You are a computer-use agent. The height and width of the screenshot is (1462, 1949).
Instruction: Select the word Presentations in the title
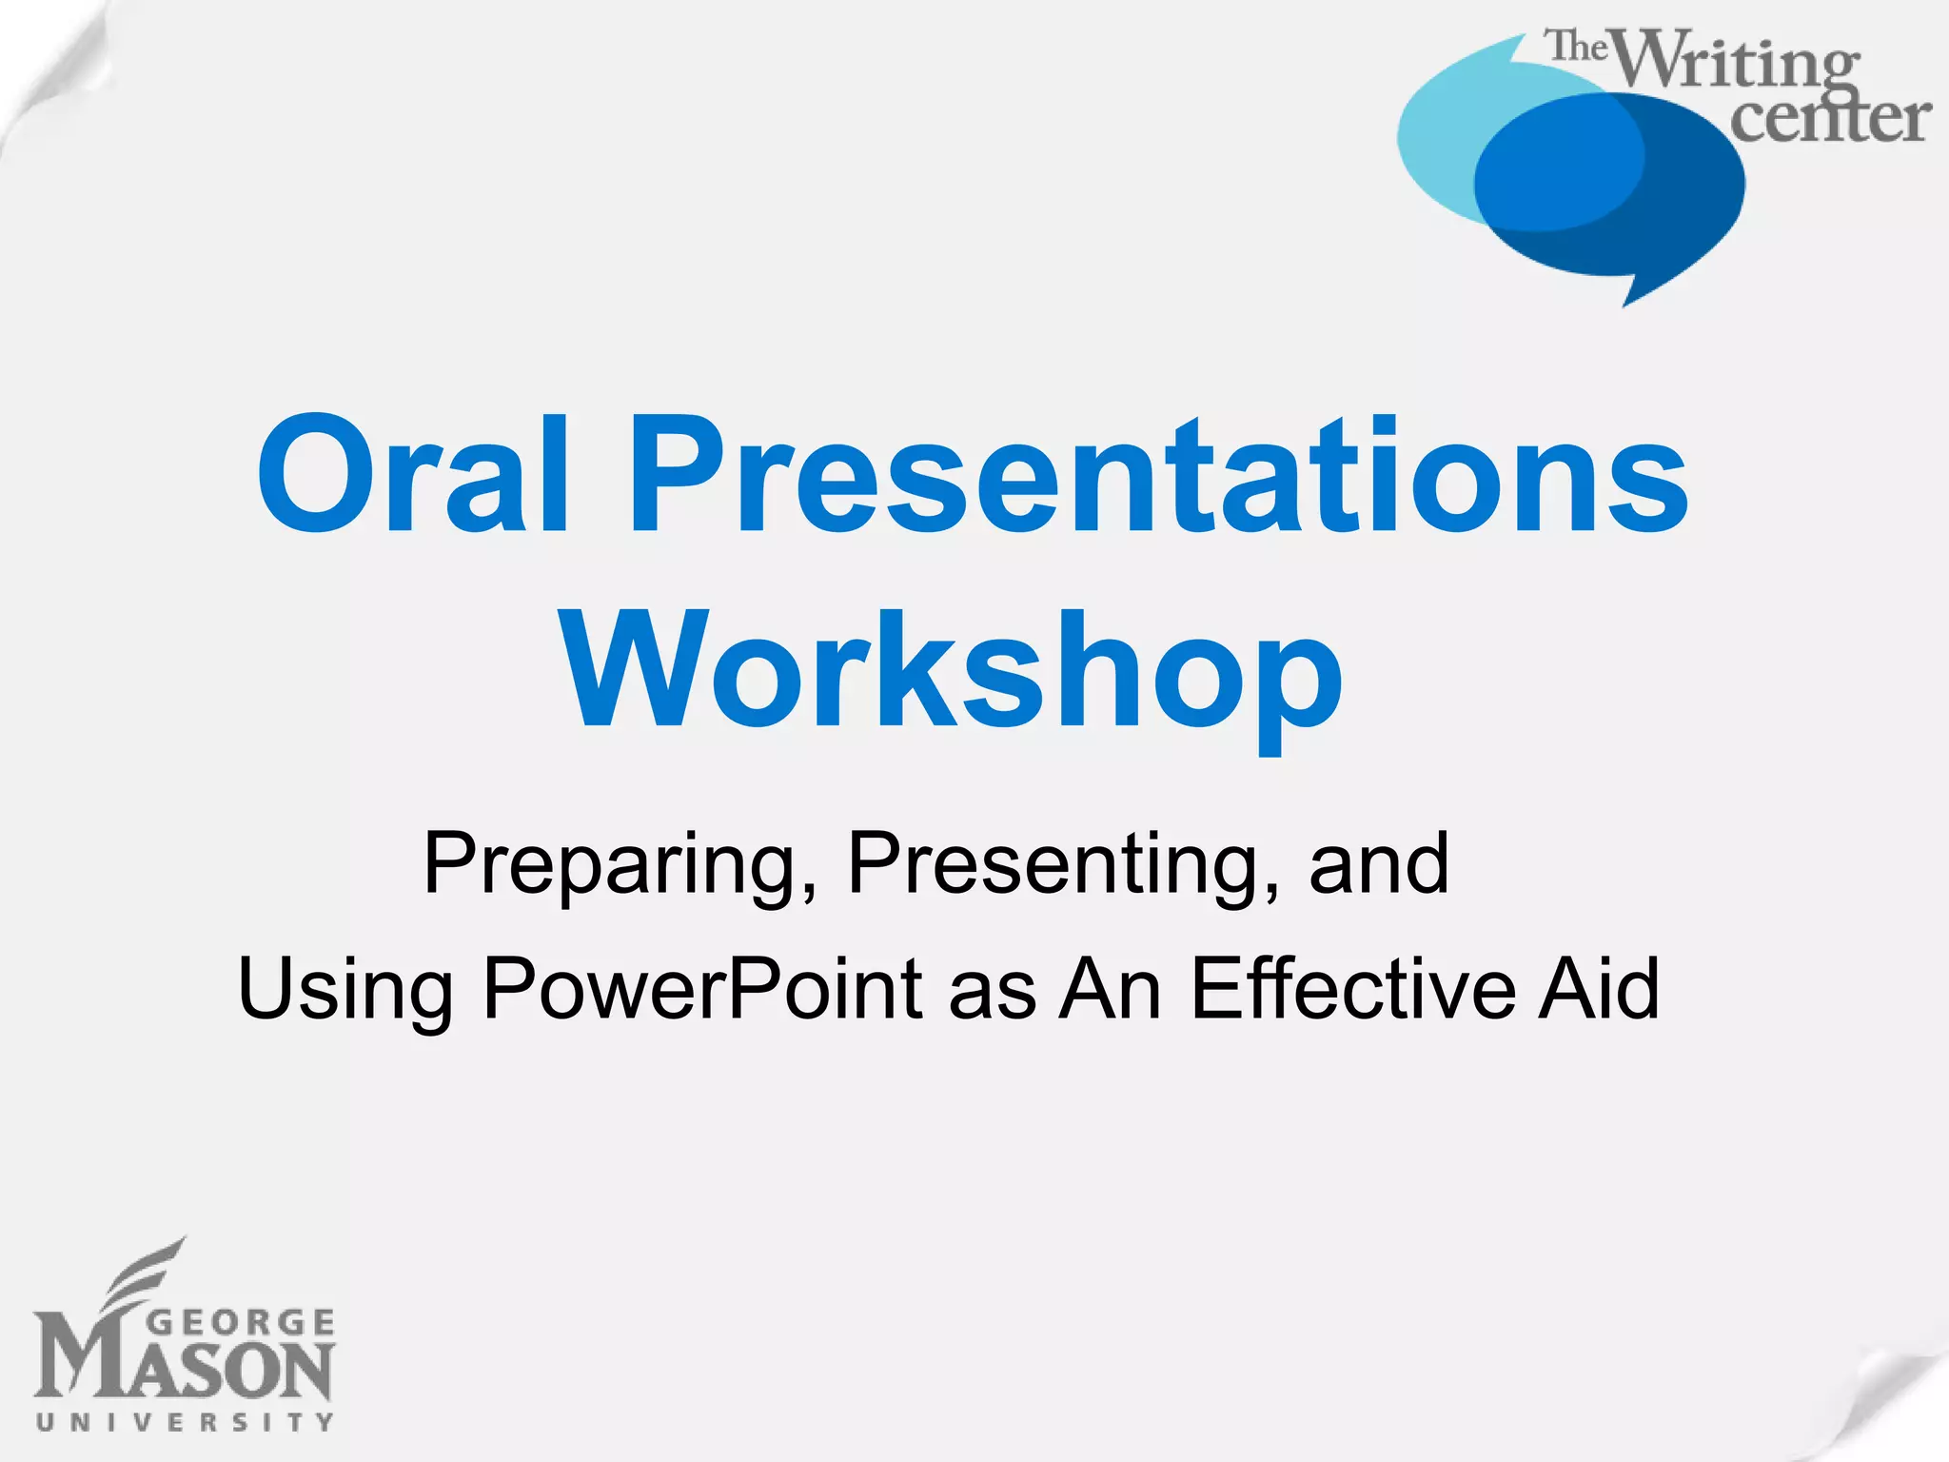1156,476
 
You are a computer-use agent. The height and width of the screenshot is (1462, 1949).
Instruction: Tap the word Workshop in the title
952,672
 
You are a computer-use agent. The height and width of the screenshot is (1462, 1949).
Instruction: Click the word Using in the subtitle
345,990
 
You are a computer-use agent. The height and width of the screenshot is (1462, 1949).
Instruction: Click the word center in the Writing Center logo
1829,119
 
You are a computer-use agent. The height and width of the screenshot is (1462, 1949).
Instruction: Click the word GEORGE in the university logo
242,1323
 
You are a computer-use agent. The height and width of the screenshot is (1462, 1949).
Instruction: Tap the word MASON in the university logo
185,1371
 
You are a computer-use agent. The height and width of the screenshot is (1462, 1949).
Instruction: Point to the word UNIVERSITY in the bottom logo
185,1422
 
